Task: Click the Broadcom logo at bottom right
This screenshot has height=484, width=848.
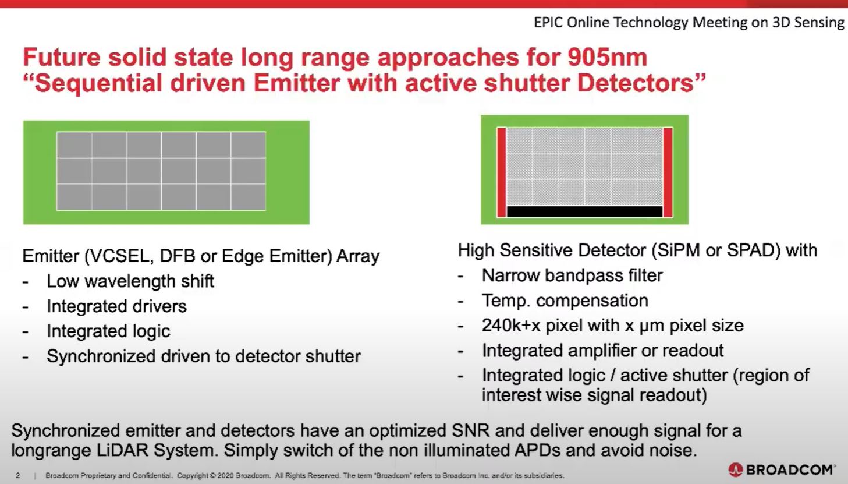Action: point(782,469)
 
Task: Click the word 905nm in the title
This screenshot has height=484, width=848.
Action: point(605,58)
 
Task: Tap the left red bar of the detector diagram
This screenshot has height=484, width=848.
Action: point(501,172)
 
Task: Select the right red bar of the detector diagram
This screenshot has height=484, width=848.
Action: point(668,172)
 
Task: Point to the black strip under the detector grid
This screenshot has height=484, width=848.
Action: point(584,211)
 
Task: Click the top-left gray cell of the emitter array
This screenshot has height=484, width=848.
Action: point(74,145)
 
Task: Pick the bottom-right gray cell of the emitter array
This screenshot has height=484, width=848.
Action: point(248,197)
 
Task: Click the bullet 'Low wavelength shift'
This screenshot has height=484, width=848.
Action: point(130,281)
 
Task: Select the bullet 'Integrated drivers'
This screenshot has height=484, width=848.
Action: point(116,306)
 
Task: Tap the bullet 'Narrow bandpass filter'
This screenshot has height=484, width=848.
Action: point(572,275)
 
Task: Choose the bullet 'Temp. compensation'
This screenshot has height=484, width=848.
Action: point(565,301)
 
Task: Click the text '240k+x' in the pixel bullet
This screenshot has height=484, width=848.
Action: point(512,326)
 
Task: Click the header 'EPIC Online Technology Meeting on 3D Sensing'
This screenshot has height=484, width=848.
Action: point(689,23)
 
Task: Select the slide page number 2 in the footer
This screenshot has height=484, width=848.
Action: point(17,476)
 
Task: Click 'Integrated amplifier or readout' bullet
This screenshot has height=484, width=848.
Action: point(602,351)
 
